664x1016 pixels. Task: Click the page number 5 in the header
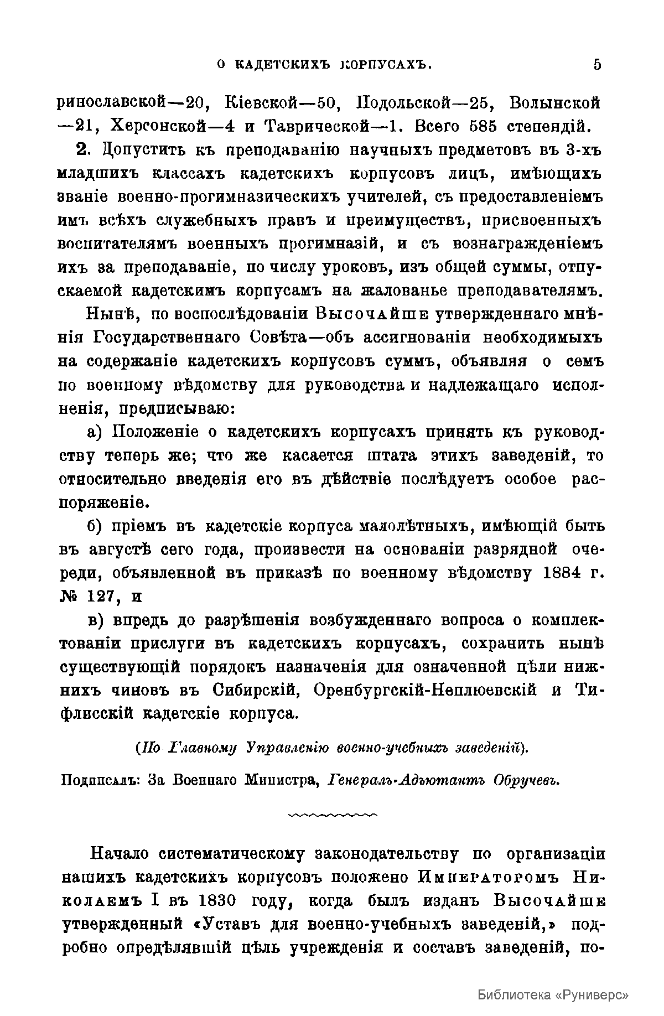coord(596,65)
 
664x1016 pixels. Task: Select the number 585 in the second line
coord(486,126)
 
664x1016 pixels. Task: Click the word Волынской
coord(555,103)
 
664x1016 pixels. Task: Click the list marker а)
coord(97,432)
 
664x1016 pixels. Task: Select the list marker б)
coord(97,526)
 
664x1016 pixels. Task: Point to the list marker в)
coord(97,620)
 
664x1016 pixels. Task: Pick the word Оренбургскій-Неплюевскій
coord(426,691)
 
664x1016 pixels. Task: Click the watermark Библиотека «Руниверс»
coord(553,994)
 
